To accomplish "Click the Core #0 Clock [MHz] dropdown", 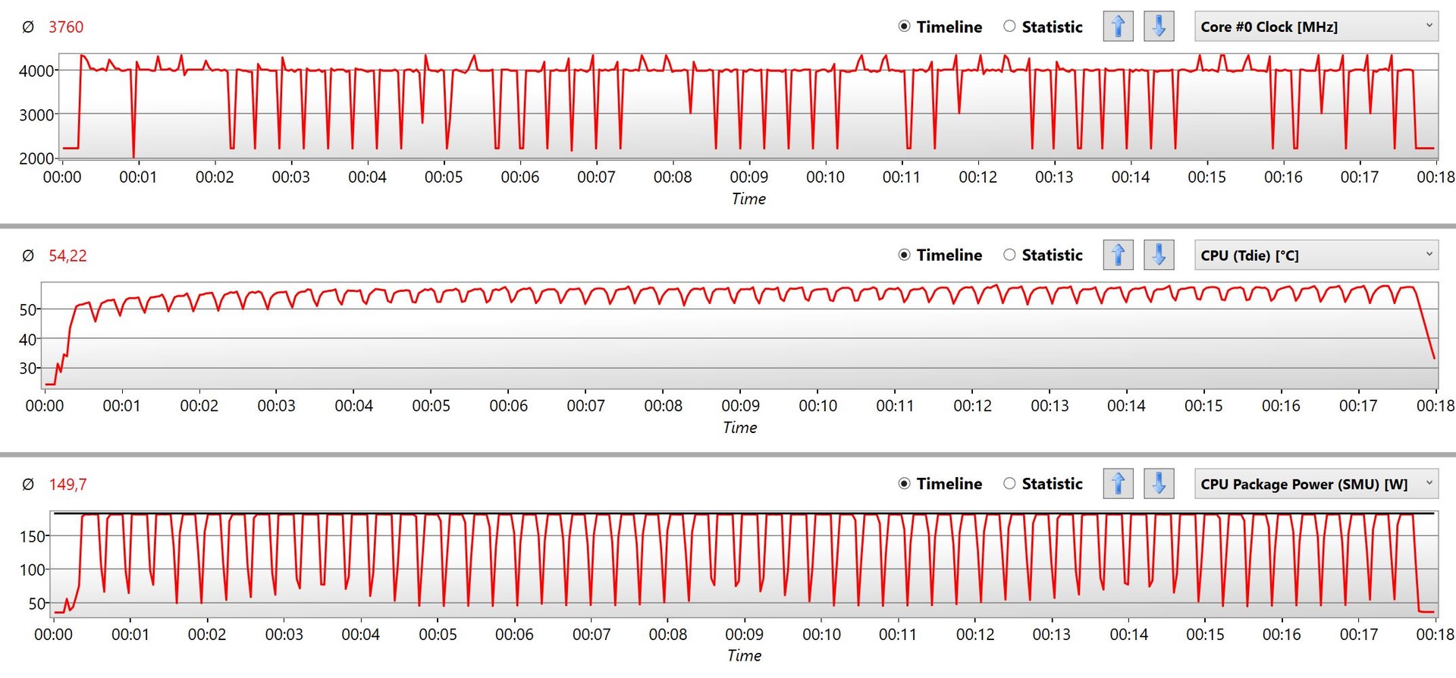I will (1316, 27).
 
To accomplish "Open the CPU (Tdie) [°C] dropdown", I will (1316, 255).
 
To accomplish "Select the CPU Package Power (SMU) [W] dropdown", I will (1316, 484).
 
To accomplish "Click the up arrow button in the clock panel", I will (1118, 27).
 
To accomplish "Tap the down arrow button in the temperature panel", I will (1159, 255).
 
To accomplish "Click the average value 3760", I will (66, 27).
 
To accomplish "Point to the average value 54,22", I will (67, 256).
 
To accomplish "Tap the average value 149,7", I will (67, 485).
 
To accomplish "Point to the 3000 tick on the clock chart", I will (36, 115).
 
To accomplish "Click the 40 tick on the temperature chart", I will (27, 339).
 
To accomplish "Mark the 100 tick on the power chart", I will (33, 570).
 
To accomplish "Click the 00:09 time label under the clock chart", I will (748, 177).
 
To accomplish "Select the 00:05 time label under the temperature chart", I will (431, 406).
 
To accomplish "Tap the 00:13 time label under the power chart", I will (1051, 635).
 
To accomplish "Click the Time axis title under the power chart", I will (744, 656).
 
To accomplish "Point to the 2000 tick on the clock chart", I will (36, 159).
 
